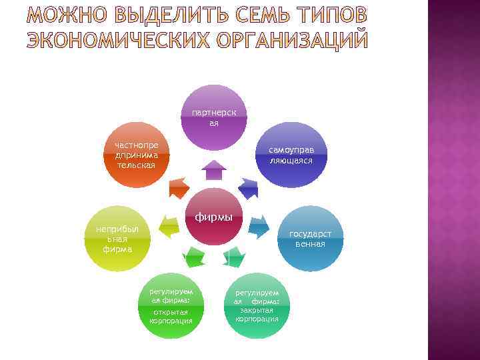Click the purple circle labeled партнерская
(214, 118)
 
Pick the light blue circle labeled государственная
(311, 239)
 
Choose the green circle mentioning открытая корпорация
(171, 305)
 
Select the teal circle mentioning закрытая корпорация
(257, 305)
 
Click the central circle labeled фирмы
(214, 219)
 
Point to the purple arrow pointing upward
(214, 171)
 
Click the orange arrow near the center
(179, 189)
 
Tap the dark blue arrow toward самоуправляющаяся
(249, 189)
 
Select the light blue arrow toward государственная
(258, 227)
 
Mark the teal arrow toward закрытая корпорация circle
(234, 255)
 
